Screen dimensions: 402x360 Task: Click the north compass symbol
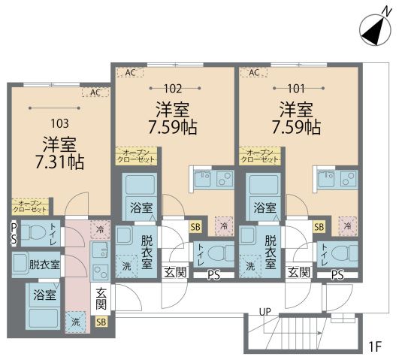click(375, 30)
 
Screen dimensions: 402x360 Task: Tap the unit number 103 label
click(59, 123)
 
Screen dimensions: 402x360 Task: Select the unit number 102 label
click(173, 89)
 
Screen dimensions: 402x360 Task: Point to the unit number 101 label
click(296, 89)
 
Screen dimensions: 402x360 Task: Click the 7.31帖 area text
click(59, 162)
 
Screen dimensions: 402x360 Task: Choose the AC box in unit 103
click(95, 92)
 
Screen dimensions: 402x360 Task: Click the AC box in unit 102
click(130, 73)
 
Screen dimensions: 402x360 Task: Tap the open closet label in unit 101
click(260, 156)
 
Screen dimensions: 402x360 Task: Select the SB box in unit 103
click(101, 322)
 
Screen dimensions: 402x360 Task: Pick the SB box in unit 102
click(195, 227)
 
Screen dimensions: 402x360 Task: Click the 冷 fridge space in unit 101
click(348, 226)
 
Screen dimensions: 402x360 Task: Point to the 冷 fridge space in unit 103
click(100, 229)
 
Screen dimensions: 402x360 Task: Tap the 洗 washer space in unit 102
click(126, 266)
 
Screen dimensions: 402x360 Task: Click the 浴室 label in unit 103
click(44, 295)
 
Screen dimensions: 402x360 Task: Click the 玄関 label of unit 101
click(299, 272)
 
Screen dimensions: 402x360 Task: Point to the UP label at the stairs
click(264, 312)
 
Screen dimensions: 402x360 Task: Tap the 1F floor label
click(376, 347)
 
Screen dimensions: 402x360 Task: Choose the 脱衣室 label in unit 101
click(271, 252)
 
